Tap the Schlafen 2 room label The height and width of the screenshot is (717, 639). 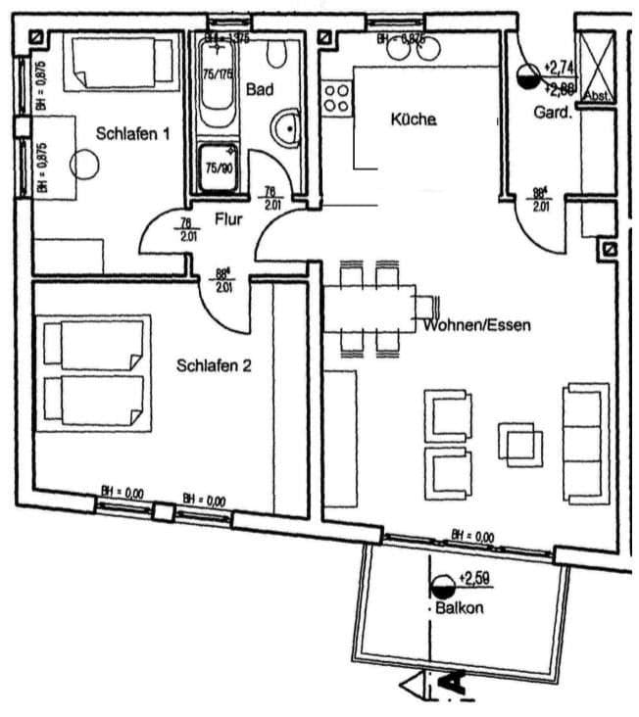215,365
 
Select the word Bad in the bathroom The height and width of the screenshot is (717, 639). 259,89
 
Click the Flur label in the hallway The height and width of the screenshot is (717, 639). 228,219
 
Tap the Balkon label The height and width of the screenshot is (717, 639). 461,607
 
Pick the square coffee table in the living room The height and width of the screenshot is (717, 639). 516,441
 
